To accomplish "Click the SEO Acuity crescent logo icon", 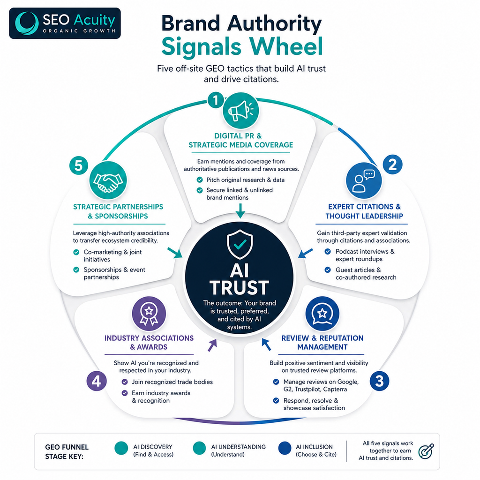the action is [x=27, y=23].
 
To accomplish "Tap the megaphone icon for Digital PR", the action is [x=240, y=111].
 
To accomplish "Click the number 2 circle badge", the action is [x=392, y=165].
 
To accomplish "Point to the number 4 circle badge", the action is [x=97, y=381].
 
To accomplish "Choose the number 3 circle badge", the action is [x=379, y=381].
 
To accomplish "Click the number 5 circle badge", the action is [x=79, y=165].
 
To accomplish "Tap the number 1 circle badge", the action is [x=216, y=100].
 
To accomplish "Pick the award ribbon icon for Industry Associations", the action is [x=149, y=314].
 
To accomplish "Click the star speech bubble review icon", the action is [x=322, y=314].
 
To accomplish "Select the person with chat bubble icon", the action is [x=364, y=180].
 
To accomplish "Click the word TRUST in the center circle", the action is [x=240, y=287].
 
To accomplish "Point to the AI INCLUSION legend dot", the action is [x=285, y=449].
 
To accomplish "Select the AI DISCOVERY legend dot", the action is [x=121, y=449].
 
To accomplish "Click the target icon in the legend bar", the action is [x=426, y=451].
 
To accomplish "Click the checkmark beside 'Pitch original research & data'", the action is [x=200, y=180].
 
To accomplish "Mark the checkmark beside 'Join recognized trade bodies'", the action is [x=125, y=382].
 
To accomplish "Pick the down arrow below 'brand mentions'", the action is [x=240, y=210].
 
